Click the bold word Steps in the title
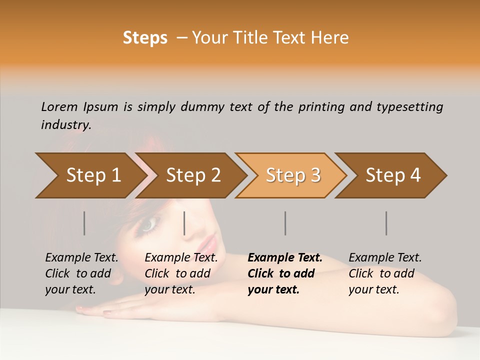(145, 38)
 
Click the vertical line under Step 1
(84, 223)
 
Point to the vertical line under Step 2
(184, 223)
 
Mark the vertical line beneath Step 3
(285, 223)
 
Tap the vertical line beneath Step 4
(386, 223)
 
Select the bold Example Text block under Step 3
(284, 273)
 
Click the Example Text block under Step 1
(81, 273)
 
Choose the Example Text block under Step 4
(384, 273)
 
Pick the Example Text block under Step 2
(180, 273)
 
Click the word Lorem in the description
(59, 106)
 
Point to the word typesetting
(409, 107)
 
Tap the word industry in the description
(65, 125)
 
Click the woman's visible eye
(148, 225)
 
